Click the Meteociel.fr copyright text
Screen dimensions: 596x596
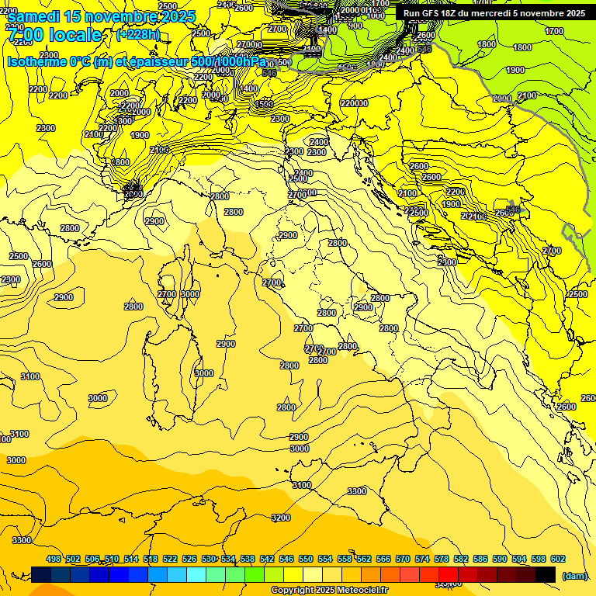pyautogui.click(x=331, y=591)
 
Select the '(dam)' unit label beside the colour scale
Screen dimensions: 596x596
pyautogui.click(x=573, y=576)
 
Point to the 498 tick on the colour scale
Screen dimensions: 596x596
pyautogui.click(x=54, y=559)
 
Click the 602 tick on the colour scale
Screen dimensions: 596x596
pyautogui.click(x=558, y=559)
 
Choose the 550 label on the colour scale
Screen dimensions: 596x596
pyautogui.click(x=306, y=559)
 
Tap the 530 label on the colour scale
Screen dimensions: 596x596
pyautogui.click(x=209, y=559)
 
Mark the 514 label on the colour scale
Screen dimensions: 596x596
pyautogui.click(x=131, y=559)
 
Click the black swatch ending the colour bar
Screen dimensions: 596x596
pyautogui.click(x=546, y=574)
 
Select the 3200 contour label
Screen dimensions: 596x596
pyautogui.click(x=281, y=518)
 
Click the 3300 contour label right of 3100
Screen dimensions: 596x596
pyautogui.click(x=357, y=491)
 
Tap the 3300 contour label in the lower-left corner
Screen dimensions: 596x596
pyautogui.click(x=22, y=540)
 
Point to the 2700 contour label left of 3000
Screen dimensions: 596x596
pyautogui.click(x=167, y=294)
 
